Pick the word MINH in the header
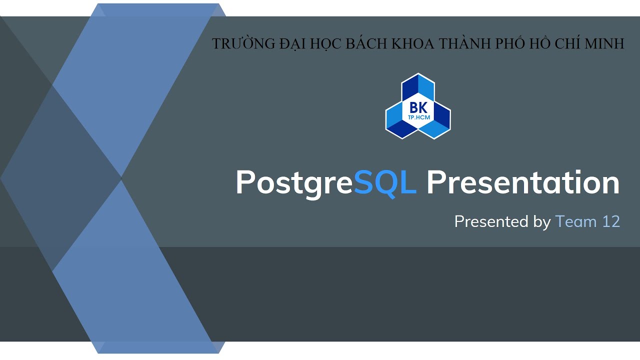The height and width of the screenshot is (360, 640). (604, 44)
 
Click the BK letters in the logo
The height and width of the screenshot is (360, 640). (417, 107)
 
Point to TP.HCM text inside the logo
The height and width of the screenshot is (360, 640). (417, 116)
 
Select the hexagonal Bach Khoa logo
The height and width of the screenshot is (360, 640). (417, 106)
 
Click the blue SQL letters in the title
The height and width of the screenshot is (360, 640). (385, 182)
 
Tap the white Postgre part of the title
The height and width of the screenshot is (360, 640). (294, 183)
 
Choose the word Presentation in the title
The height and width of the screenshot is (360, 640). (523, 182)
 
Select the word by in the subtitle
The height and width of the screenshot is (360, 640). (541, 222)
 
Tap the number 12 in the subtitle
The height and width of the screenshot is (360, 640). (611, 221)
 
